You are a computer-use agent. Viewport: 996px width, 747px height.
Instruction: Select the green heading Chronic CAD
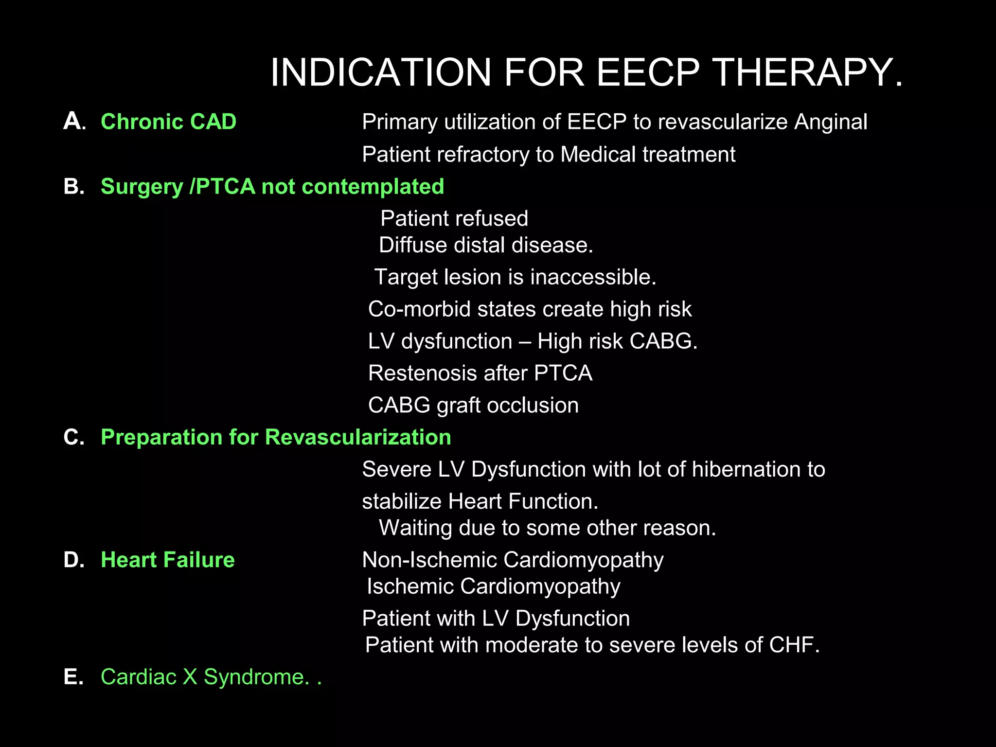(x=168, y=122)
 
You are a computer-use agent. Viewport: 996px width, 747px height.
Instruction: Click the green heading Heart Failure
(x=168, y=560)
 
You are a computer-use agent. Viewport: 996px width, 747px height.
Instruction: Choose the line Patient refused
(x=454, y=218)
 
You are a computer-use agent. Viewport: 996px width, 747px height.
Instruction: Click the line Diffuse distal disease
(x=486, y=245)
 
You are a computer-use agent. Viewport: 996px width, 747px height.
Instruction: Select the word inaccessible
(x=593, y=277)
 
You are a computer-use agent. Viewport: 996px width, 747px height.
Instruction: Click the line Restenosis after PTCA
(x=480, y=373)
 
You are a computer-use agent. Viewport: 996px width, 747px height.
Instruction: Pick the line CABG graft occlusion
(x=473, y=406)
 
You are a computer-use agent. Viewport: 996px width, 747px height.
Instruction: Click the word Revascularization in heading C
(x=358, y=437)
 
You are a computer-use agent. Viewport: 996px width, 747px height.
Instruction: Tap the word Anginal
(x=830, y=122)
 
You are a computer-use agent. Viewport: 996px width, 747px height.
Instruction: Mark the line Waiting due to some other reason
(x=547, y=528)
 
